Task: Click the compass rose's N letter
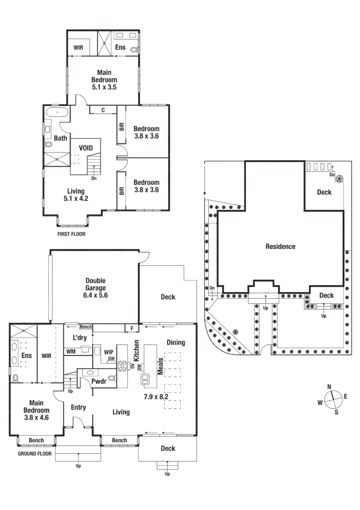tap(329, 386)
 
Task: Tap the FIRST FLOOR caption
tap(71, 234)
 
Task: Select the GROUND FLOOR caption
tap(34, 454)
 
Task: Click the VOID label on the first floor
tap(86, 148)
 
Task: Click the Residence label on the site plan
tap(280, 246)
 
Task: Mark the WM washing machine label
tap(71, 351)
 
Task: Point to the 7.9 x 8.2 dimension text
tap(156, 397)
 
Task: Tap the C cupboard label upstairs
tap(103, 110)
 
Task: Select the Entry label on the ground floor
tap(78, 407)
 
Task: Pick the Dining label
tap(176, 342)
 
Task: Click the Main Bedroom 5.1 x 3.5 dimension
tap(104, 87)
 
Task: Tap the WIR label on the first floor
tap(78, 48)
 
